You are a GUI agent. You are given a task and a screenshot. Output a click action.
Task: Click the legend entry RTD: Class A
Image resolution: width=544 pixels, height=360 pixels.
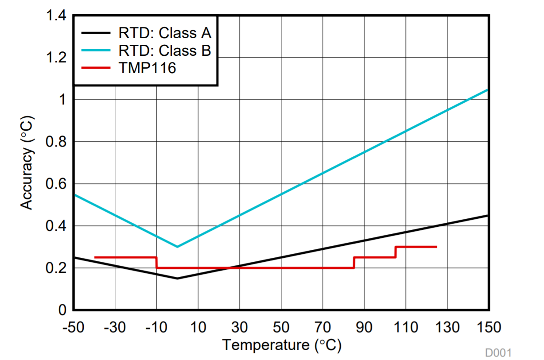165,33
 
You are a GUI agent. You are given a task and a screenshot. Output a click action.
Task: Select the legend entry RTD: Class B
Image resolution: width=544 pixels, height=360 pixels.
165,51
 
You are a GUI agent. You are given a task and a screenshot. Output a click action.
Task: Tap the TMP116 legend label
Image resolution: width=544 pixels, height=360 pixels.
147,69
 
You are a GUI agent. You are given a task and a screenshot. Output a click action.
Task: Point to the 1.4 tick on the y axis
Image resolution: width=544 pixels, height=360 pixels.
57,16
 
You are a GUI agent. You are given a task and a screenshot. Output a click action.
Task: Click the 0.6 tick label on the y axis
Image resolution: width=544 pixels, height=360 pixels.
57,184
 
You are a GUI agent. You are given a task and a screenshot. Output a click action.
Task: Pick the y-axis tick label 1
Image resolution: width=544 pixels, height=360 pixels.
62,100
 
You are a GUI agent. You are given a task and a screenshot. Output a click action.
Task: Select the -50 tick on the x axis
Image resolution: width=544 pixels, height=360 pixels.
74,328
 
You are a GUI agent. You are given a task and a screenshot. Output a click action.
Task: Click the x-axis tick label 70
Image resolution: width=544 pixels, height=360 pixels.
323,328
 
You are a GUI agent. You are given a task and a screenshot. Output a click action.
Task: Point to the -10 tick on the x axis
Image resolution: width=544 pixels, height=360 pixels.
156,328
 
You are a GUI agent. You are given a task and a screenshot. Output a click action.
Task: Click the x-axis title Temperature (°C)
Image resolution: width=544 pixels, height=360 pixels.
281,345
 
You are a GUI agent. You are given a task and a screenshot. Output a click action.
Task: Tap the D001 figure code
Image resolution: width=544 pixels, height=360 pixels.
498,353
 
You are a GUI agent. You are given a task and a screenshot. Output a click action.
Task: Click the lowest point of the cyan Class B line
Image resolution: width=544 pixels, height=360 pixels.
177,247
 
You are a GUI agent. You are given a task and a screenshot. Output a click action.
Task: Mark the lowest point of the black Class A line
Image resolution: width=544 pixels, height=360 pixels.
177,278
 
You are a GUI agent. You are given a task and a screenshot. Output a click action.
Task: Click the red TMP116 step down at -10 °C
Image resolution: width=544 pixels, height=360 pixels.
156,263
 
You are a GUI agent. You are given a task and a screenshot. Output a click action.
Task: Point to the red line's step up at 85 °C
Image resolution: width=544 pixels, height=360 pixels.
354,263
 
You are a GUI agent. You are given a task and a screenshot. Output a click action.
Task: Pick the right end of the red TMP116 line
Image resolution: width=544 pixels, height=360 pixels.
436,247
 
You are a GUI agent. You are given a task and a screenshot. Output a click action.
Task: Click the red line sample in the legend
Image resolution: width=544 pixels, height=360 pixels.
95,69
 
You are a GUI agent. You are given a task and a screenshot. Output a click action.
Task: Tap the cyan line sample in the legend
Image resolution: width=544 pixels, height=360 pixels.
95,51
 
